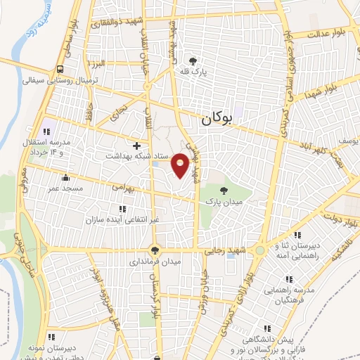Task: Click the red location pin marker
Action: click(x=181, y=166)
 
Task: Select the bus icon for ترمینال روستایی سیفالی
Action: click(x=60, y=69)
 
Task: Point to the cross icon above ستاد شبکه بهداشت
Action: click(x=136, y=144)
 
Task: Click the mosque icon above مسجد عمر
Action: click(x=65, y=177)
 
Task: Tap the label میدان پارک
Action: click(x=222, y=202)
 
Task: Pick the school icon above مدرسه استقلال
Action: click(x=48, y=131)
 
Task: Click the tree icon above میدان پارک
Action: click(x=224, y=191)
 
